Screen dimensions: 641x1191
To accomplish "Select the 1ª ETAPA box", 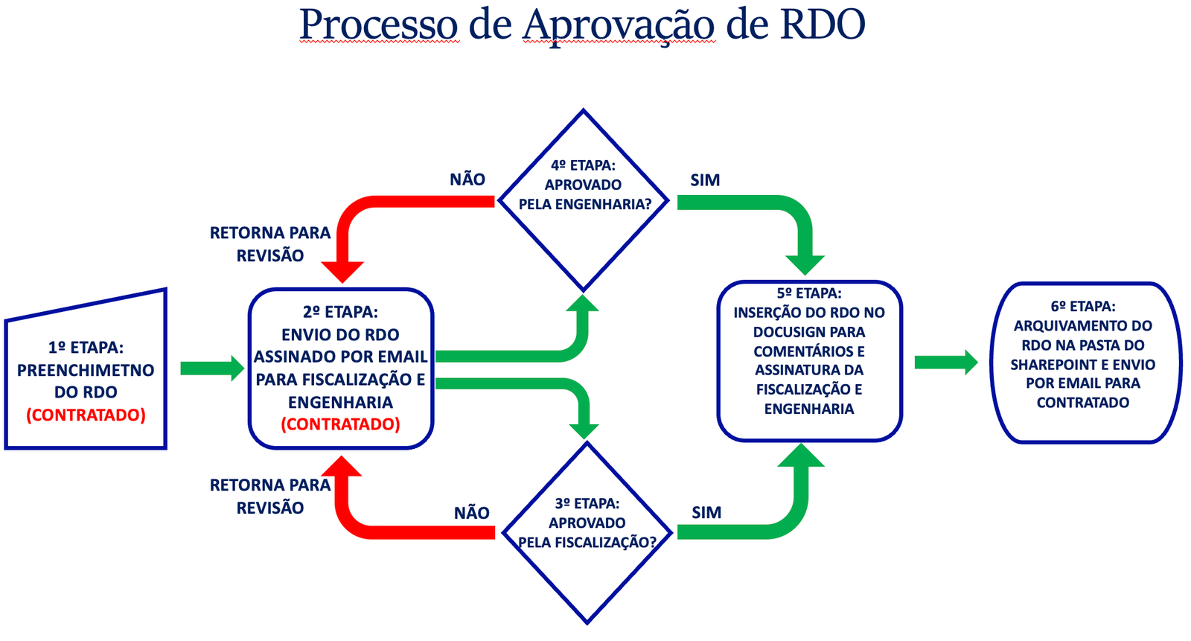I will pos(86,370).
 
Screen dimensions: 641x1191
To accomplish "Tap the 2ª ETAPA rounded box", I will pos(341,368).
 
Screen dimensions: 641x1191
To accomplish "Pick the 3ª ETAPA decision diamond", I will pos(587,533).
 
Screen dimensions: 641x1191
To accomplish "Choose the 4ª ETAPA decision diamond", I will pos(584,200).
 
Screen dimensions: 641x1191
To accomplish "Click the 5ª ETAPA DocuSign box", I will pos(809,361).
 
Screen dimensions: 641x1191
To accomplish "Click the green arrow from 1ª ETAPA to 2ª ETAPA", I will pos(212,368).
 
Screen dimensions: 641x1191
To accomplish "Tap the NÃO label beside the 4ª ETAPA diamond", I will pos(467,179).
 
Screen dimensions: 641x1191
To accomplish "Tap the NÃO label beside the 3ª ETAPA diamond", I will pos(472,513).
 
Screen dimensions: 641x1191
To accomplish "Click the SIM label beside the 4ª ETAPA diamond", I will pos(705,180).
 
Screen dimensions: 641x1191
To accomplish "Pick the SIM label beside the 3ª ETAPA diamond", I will pos(706,513).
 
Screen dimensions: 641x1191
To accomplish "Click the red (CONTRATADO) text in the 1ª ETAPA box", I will pos(86,415).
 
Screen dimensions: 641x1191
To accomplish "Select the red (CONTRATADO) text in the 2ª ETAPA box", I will pos(341,424).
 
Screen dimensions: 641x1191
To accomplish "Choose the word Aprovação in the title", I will pos(619,25).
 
